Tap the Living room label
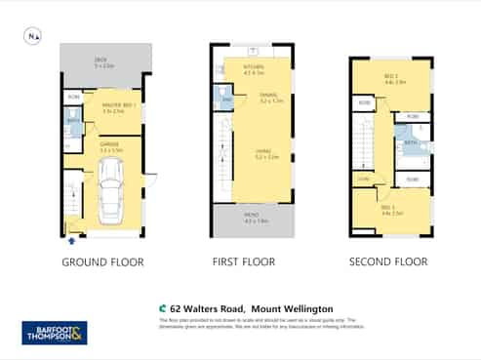(264, 154)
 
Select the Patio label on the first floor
(256, 220)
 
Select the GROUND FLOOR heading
(102, 261)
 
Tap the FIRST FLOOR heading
(244, 261)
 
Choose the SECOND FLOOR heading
(388, 261)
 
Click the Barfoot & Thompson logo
(55, 333)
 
